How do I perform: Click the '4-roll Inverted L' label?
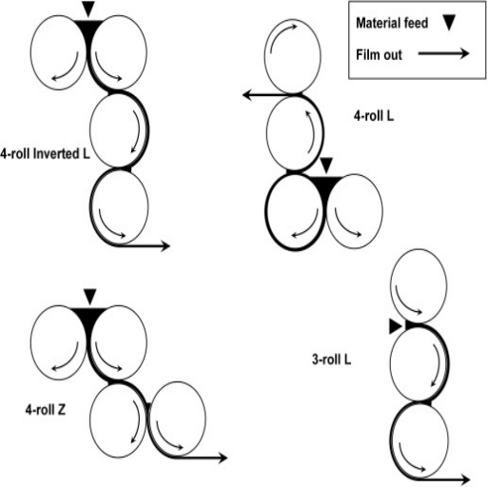click(x=45, y=154)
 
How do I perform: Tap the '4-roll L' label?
click(x=374, y=116)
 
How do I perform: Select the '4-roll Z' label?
click(x=46, y=410)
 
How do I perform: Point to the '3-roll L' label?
click(x=332, y=360)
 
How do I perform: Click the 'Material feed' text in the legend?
click(x=392, y=23)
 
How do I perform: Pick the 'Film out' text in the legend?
click(x=379, y=54)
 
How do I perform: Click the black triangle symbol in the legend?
click(x=449, y=23)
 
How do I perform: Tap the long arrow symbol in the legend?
click(x=443, y=53)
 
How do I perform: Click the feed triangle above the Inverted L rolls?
click(x=88, y=9)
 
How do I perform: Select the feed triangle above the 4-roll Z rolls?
click(x=90, y=297)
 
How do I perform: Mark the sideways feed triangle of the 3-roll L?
click(x=396, y=326)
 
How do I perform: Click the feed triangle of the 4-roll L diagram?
click(x=326, y=165)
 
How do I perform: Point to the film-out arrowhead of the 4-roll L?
click(x=247, y=95)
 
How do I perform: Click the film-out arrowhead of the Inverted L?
click(x=166, y=245)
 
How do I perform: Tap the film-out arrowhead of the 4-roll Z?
click(x=223, y=458)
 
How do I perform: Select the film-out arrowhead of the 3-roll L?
click(x=465, y=479)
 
